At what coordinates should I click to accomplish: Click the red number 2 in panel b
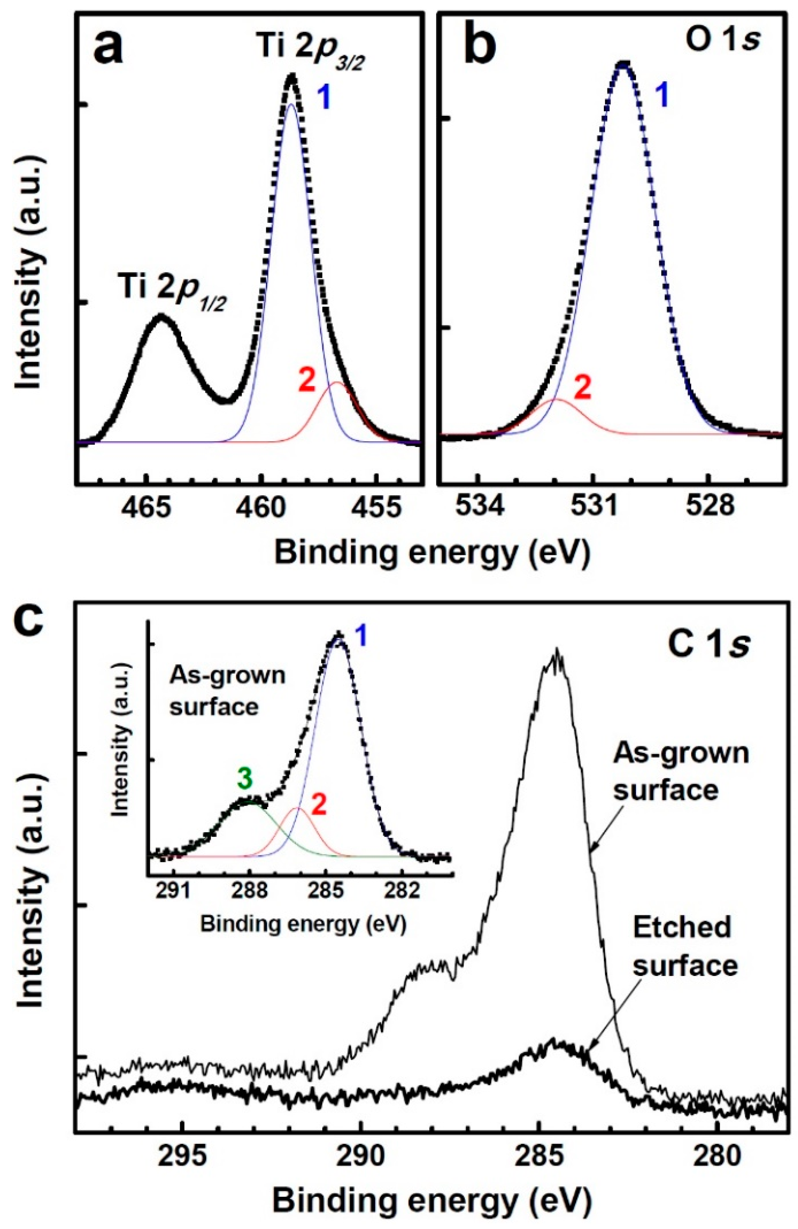tap(582, 387)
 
